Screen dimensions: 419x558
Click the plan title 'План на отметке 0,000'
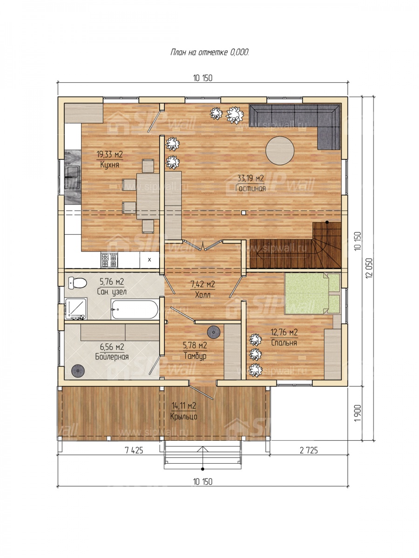coord(209,53)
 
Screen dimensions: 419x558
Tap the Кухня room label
coord(109,165)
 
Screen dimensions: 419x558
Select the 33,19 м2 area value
coord(250,178)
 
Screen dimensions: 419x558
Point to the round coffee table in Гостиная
coord(280,151)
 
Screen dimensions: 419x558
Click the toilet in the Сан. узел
coord(77,283)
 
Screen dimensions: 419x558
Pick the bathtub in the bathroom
coord(135,309)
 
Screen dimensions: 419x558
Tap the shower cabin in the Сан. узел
coord(75,308)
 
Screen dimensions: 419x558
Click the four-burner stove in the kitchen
coord(109,260)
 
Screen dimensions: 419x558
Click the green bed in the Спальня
coord(312,293)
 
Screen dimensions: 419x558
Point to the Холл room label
coord(203,295)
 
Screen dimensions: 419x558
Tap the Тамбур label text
coord(195,356)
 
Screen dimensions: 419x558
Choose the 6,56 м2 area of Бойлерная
coord(112,347)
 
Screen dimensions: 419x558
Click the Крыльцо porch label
coord(184,417)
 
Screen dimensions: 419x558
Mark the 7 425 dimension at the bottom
coord(134,451)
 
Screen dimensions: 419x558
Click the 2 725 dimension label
coord(309,451)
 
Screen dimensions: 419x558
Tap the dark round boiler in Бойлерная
coord(78,371)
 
